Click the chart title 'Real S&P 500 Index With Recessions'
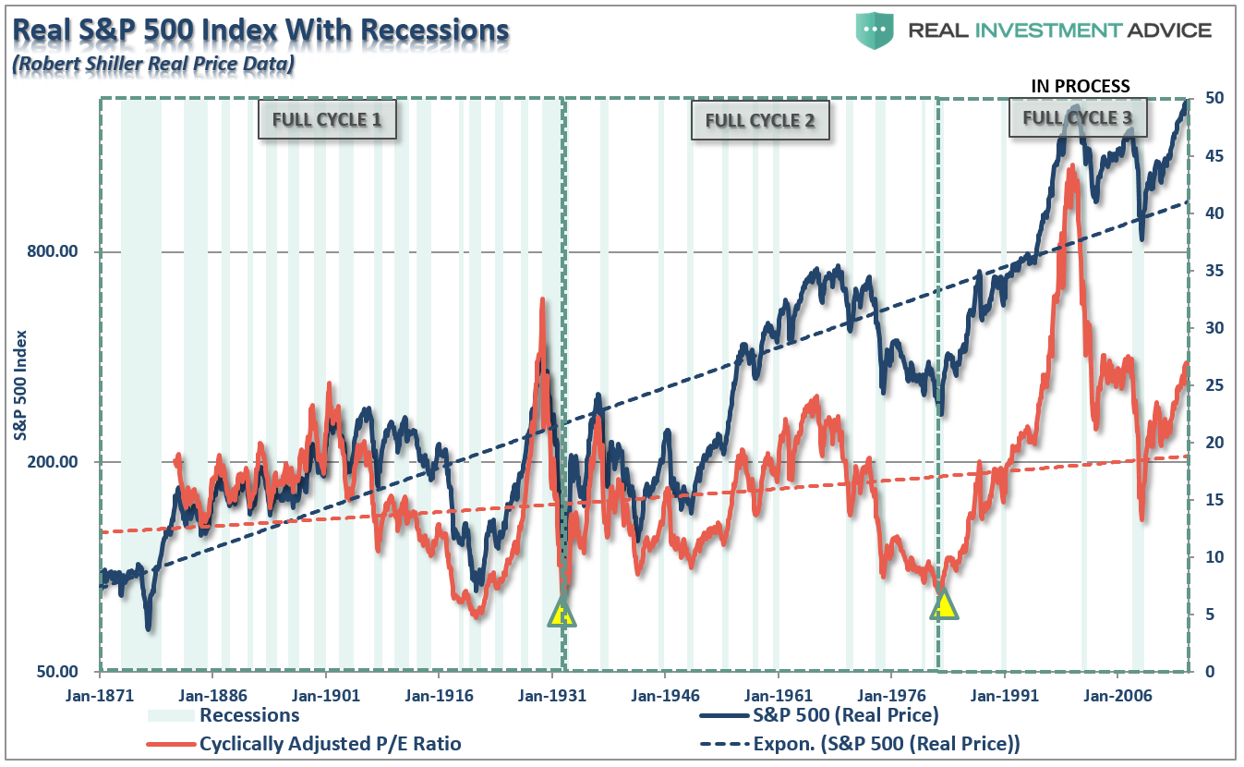[x=260, y=30]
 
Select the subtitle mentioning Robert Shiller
[x=152, y=64]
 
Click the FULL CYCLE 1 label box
[x=327, y=119]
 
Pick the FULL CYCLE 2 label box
[x=760, y=120]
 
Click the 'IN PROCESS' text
[x=1080, y=86]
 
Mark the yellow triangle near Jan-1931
[x=561, y=612]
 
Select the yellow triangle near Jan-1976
[x=944, y=604]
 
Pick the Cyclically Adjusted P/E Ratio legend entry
[x=330, y=743]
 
